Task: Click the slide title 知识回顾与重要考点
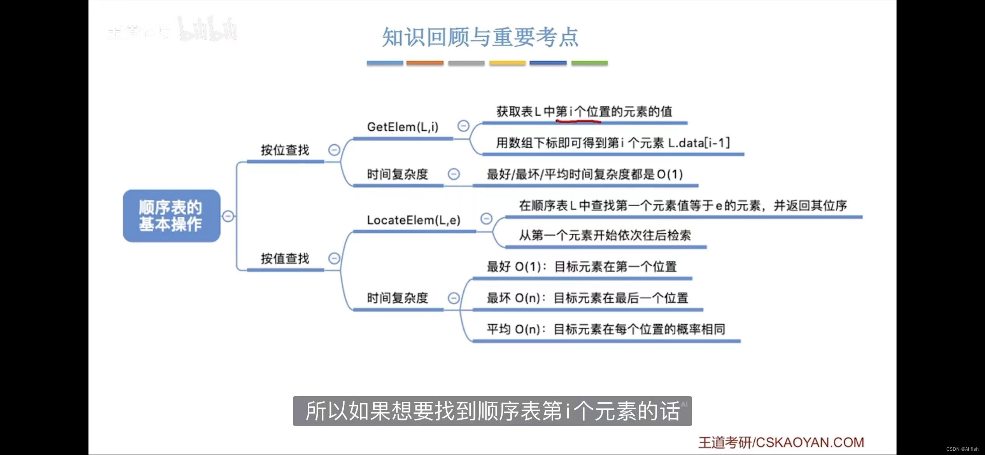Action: (480, 37)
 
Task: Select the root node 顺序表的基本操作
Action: (171, 216)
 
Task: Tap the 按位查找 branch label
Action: (285, 150)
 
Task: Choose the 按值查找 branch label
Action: (285, 259)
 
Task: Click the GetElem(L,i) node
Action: (403, 127)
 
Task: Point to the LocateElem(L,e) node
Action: (414, 220)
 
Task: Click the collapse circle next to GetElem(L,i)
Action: (463, 126)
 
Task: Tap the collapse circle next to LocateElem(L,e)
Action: (486, 219)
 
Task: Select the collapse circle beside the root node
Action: (228, 216)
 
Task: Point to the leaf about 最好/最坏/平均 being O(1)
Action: (585, 174)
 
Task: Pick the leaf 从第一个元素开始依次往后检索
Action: (605, 235)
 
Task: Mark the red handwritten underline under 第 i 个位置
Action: (578, 121)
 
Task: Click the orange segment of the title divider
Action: (425, 63)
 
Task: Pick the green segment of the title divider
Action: (589, 63)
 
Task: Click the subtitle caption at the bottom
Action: (492, 411)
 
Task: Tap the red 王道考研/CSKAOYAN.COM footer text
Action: (781, 443)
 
